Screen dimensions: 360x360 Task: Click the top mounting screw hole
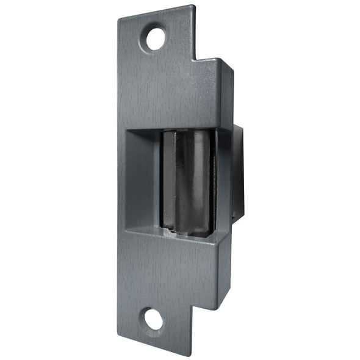155,38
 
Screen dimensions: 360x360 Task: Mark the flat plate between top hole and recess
165,92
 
